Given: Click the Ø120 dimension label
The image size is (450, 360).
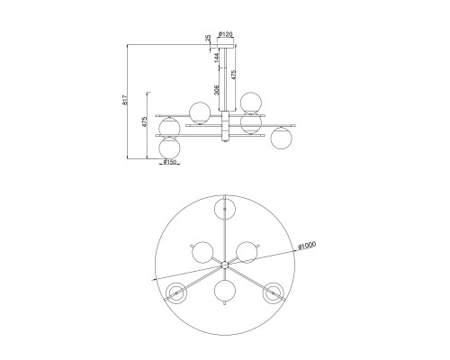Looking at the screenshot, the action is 226,34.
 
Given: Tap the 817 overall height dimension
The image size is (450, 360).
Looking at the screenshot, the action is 125,100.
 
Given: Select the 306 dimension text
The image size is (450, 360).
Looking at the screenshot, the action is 218,90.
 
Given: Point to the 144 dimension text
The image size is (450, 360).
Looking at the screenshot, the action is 218,58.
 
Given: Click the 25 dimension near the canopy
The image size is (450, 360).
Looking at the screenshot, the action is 208,38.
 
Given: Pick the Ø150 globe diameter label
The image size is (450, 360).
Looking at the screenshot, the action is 169,162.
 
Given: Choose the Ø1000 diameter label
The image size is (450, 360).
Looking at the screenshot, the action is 307,246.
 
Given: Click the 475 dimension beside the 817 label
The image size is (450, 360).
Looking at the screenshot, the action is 144,121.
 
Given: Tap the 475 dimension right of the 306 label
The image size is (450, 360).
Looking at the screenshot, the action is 234,75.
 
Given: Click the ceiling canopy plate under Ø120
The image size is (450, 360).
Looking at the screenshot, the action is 226,46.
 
